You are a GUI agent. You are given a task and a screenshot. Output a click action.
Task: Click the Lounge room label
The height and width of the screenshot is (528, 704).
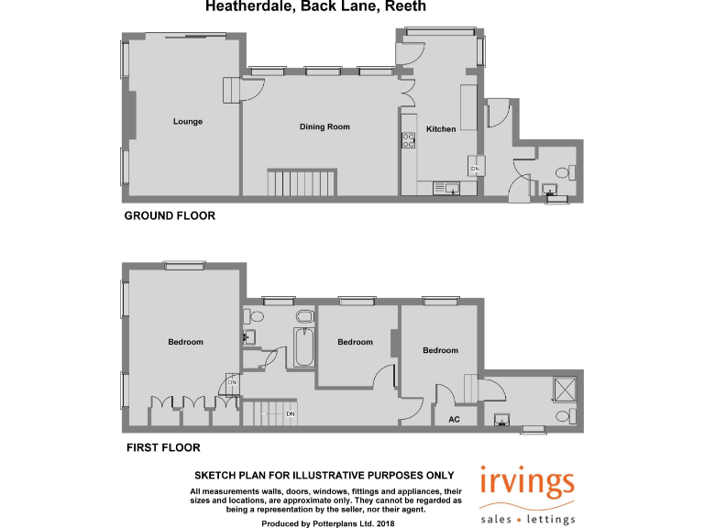188,121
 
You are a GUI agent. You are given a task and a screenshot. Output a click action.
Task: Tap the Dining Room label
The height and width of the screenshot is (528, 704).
324,126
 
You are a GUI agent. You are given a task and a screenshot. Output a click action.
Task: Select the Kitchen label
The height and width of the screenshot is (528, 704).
441,129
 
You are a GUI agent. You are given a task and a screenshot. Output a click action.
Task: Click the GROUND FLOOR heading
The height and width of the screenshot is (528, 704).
170,216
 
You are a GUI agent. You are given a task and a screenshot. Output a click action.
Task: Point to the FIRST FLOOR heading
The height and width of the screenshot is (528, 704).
162,448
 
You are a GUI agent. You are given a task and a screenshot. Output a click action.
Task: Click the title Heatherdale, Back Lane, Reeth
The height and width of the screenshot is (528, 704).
315,7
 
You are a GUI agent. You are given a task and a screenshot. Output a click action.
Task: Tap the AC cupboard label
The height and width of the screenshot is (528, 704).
454,420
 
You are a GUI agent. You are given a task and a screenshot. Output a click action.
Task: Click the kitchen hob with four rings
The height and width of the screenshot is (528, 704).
408,140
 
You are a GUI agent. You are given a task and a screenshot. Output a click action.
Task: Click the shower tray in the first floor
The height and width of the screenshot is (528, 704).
565,390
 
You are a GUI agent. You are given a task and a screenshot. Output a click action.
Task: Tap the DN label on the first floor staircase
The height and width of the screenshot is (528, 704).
290,414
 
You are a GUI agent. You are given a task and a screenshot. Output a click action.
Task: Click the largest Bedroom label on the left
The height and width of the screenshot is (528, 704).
185,342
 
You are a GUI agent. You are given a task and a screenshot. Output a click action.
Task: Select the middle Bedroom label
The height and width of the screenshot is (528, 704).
355,342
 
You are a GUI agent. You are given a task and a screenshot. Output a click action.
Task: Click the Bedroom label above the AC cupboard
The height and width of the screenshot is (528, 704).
440,350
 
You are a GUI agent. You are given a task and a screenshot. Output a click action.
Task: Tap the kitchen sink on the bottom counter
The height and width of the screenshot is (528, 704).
452,189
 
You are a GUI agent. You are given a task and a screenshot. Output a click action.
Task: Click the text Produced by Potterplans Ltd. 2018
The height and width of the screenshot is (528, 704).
327,522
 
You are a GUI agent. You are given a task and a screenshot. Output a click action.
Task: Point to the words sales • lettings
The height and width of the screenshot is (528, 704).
528,519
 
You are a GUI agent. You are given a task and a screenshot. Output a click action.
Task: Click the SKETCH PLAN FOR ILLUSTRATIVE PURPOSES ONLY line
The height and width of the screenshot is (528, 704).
324,476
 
